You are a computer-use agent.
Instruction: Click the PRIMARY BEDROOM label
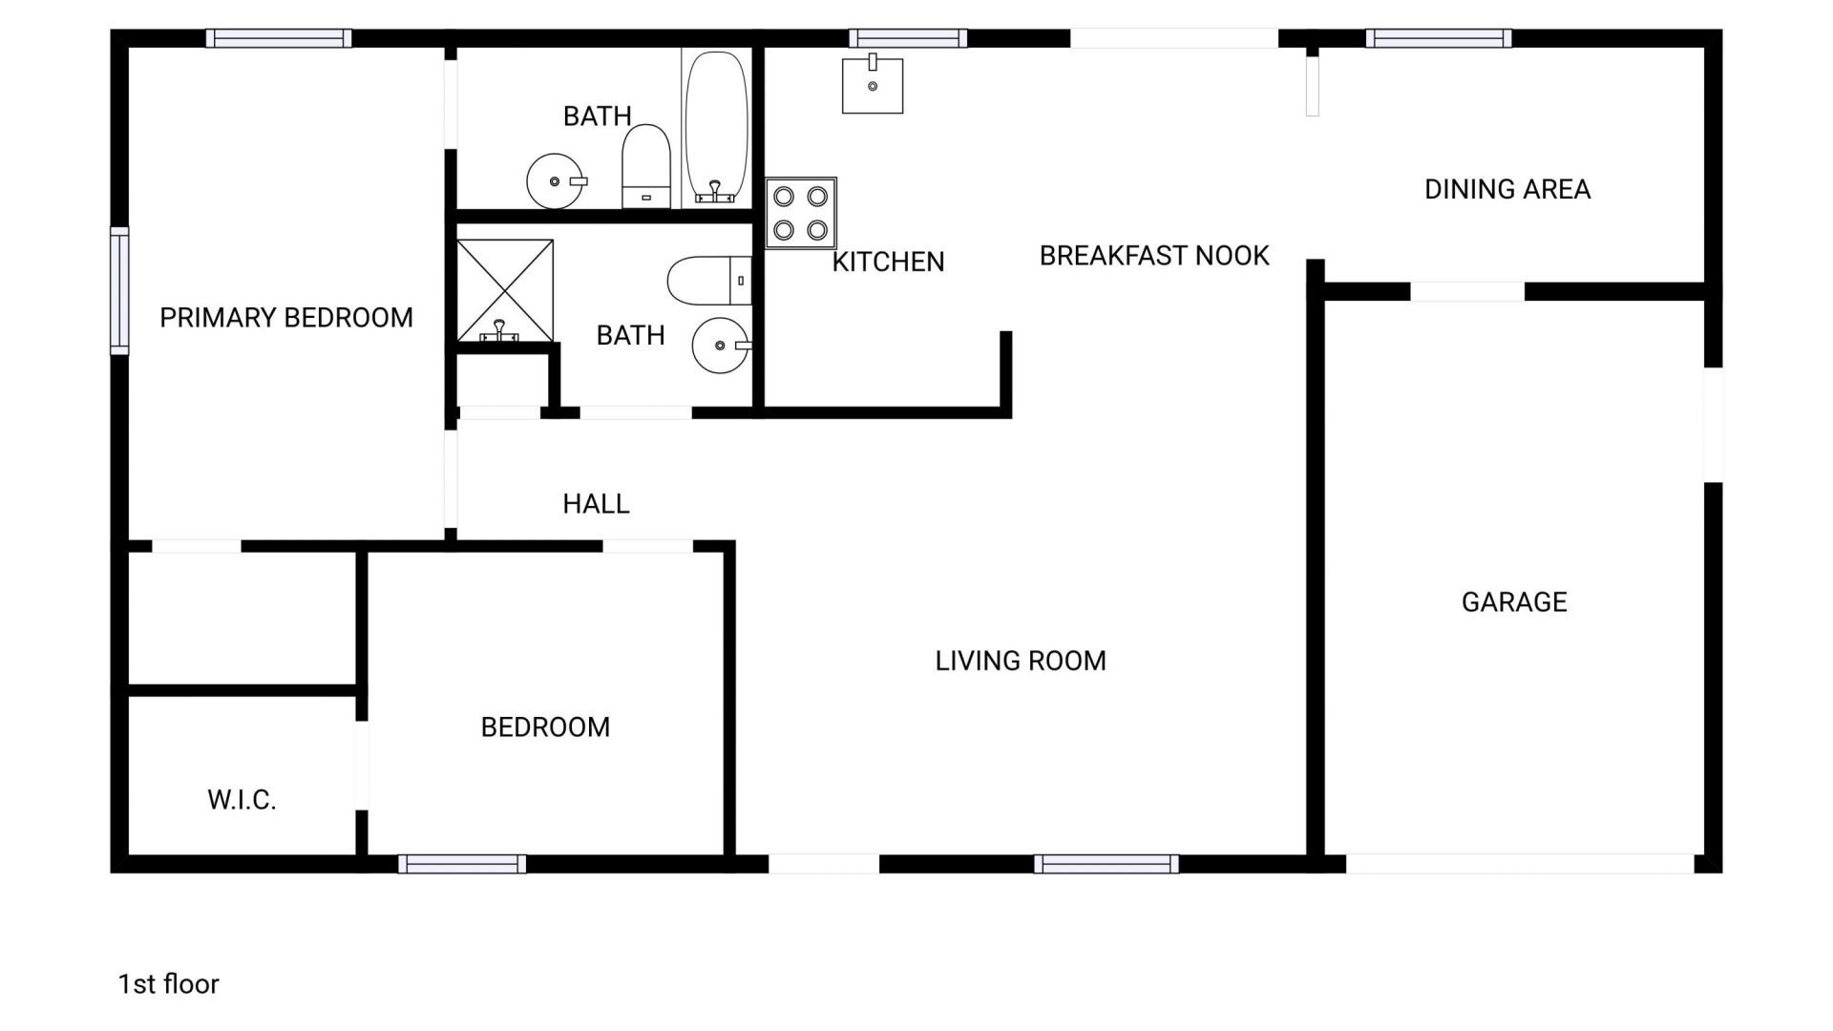click(285, 317)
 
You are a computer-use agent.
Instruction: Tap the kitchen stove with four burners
click(801, 213)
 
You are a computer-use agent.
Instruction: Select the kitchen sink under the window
click(872, 86)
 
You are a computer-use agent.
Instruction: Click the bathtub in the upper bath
click(716, 127)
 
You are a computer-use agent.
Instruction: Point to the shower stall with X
click(505, 291)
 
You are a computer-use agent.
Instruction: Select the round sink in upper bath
click(556, 180)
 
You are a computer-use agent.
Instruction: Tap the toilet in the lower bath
click(707, 280)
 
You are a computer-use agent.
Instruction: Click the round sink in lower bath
click(721, 345)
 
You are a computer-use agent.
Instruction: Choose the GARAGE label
click(1514, 601)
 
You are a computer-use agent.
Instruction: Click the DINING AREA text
click(1507, 189)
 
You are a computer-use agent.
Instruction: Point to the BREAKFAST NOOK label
click(1154, 256)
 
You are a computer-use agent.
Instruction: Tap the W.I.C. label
click(242, 799)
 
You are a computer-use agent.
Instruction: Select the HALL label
click(596, 503)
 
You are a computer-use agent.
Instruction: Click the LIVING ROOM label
click(1021, 661)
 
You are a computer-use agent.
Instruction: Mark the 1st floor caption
click(168, 984)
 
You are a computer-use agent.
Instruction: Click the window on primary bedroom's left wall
click(119, 291)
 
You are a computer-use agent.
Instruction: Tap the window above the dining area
click(1438, 38)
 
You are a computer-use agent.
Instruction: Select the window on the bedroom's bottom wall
click(462, 864)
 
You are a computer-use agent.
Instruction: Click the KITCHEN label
click(888, 262)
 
